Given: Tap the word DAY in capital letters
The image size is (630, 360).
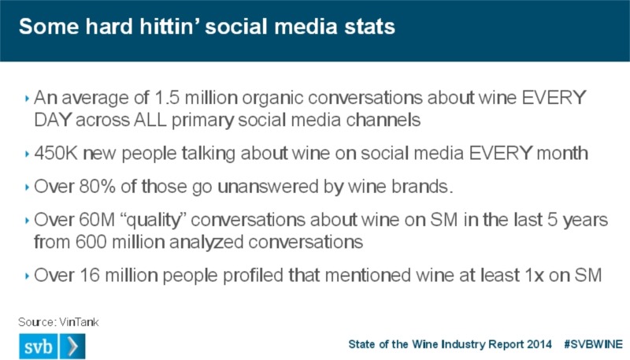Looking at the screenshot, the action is point(53,120).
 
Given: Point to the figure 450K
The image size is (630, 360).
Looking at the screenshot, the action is point(56,153).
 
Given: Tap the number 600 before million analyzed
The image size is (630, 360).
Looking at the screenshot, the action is point(91,242).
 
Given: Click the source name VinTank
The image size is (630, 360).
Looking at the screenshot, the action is point(80,322).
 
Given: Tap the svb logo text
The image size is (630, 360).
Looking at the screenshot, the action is point(39,347).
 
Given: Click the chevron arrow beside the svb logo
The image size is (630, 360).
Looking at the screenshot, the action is point(72,346).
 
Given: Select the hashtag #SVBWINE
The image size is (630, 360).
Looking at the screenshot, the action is point(594,344).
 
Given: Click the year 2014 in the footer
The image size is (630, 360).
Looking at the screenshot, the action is point(539,344).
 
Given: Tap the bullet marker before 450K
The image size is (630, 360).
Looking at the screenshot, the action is point(27,154).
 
